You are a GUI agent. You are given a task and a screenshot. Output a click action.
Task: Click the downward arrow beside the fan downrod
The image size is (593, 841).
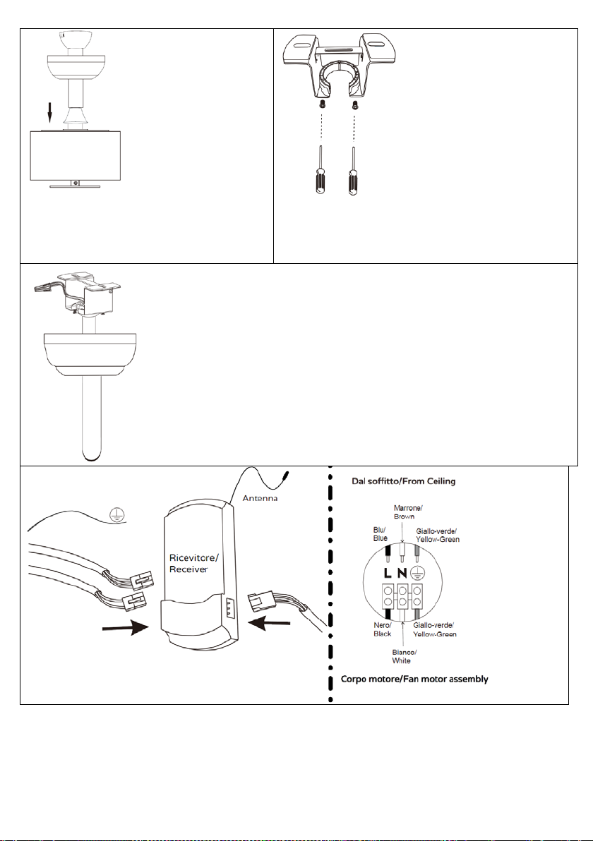(50, 113)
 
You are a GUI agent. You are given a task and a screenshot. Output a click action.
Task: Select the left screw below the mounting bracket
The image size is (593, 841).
(321, 104)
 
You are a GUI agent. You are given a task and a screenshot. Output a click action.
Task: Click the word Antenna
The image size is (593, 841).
(260, 498)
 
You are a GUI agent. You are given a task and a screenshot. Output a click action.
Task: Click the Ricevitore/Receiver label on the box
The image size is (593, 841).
(193, 564)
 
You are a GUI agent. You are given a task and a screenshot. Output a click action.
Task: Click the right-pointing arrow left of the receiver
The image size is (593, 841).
(125, 627)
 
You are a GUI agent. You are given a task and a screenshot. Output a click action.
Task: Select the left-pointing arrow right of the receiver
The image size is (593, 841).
(271, 624)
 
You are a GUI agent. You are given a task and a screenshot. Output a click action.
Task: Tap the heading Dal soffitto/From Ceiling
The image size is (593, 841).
(404, 481)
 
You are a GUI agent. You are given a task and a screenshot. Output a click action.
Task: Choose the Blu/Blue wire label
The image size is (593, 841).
(380, 534)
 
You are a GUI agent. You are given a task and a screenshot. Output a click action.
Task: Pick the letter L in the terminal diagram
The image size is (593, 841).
(388, 574)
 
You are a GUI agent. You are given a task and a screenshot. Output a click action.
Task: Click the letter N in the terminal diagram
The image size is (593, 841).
(402, 574)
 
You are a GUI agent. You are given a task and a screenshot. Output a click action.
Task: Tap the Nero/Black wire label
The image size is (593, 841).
(383, 629)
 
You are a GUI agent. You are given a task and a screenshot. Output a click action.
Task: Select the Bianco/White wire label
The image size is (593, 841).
(404, 656)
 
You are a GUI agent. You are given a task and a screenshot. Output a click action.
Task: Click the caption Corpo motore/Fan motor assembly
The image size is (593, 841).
(414, 679)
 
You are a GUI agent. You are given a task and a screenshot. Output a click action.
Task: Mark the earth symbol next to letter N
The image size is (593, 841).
(416, 574)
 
